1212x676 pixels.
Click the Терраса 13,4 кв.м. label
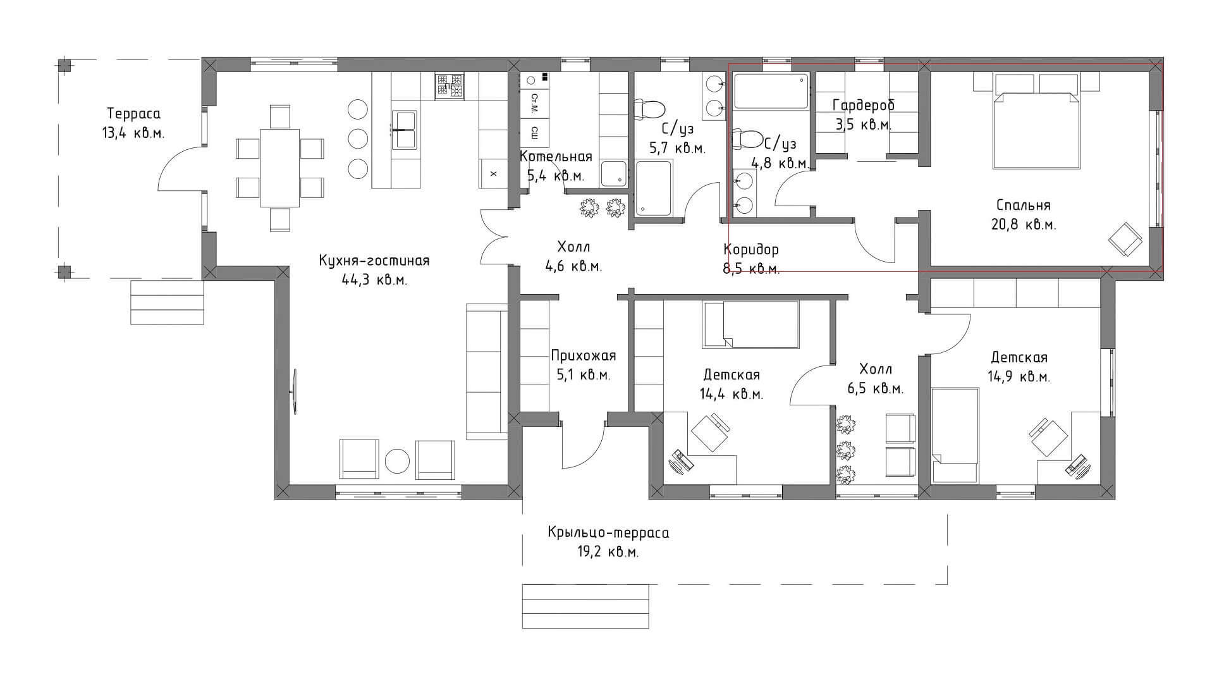coord(133,123)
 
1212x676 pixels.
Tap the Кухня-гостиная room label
coord(374,261)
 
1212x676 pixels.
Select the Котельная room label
coord(556,157)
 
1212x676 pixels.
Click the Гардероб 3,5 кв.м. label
coord(864,114)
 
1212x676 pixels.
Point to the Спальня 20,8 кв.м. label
coord(1023,214)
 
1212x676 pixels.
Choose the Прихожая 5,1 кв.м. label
coord(583,365)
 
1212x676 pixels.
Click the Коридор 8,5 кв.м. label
coord(751,259)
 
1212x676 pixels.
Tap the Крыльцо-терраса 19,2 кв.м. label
coord(608,542)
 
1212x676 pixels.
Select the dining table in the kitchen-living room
coord(280,168)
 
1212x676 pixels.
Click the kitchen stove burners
coord(450,86)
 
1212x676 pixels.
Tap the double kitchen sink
coord(405,130)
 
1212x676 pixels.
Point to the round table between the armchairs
coord(398,461)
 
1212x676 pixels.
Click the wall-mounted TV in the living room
coord(295,391)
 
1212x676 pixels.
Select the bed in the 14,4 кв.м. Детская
coord(751,324)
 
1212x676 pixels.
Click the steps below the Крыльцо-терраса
coord(585,606)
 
